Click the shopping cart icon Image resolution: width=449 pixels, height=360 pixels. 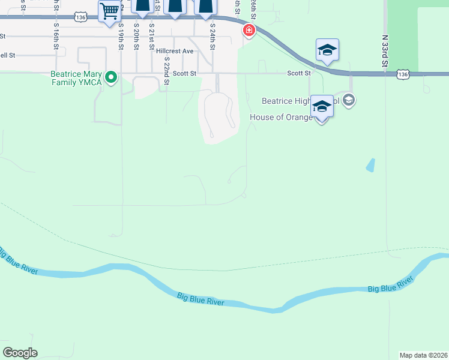[x=109, y=11]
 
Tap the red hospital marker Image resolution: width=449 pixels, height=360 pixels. [x=249, y=30]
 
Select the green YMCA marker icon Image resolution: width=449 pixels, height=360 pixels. [x=110, y=77]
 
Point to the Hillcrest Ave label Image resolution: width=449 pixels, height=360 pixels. [x=175, y=51]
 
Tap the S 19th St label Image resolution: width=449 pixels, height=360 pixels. [x=121, y=37]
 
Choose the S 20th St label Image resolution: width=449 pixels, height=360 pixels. [x=136, y=37]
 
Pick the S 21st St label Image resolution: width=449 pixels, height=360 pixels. [x=151, y=37]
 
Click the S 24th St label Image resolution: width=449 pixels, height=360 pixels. [x=212, y=37]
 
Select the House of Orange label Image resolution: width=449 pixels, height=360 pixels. [x=281, y=117]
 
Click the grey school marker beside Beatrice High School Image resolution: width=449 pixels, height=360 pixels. [x=350, y=100]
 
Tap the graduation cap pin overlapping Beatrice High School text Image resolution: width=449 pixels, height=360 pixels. [x=322, y=107]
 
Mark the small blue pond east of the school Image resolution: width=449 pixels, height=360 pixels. [x=370, y=165]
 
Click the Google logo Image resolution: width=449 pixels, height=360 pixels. [x=20, y=353]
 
